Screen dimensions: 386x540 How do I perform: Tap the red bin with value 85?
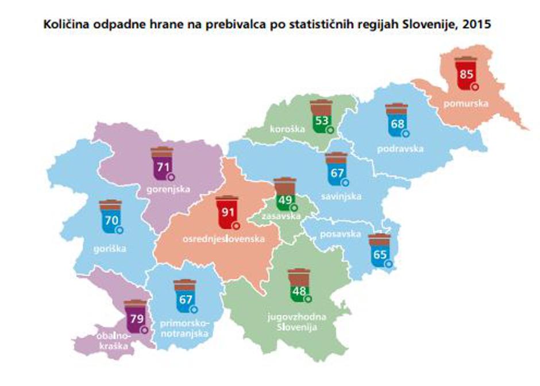[466, 74]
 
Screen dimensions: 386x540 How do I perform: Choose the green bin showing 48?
[299, 285]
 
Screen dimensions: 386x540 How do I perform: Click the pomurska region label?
[466, 104]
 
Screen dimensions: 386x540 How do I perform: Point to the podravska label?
[400, 149]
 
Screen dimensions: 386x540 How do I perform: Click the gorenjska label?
[168, 188]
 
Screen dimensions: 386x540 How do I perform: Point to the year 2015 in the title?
[479, 26]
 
